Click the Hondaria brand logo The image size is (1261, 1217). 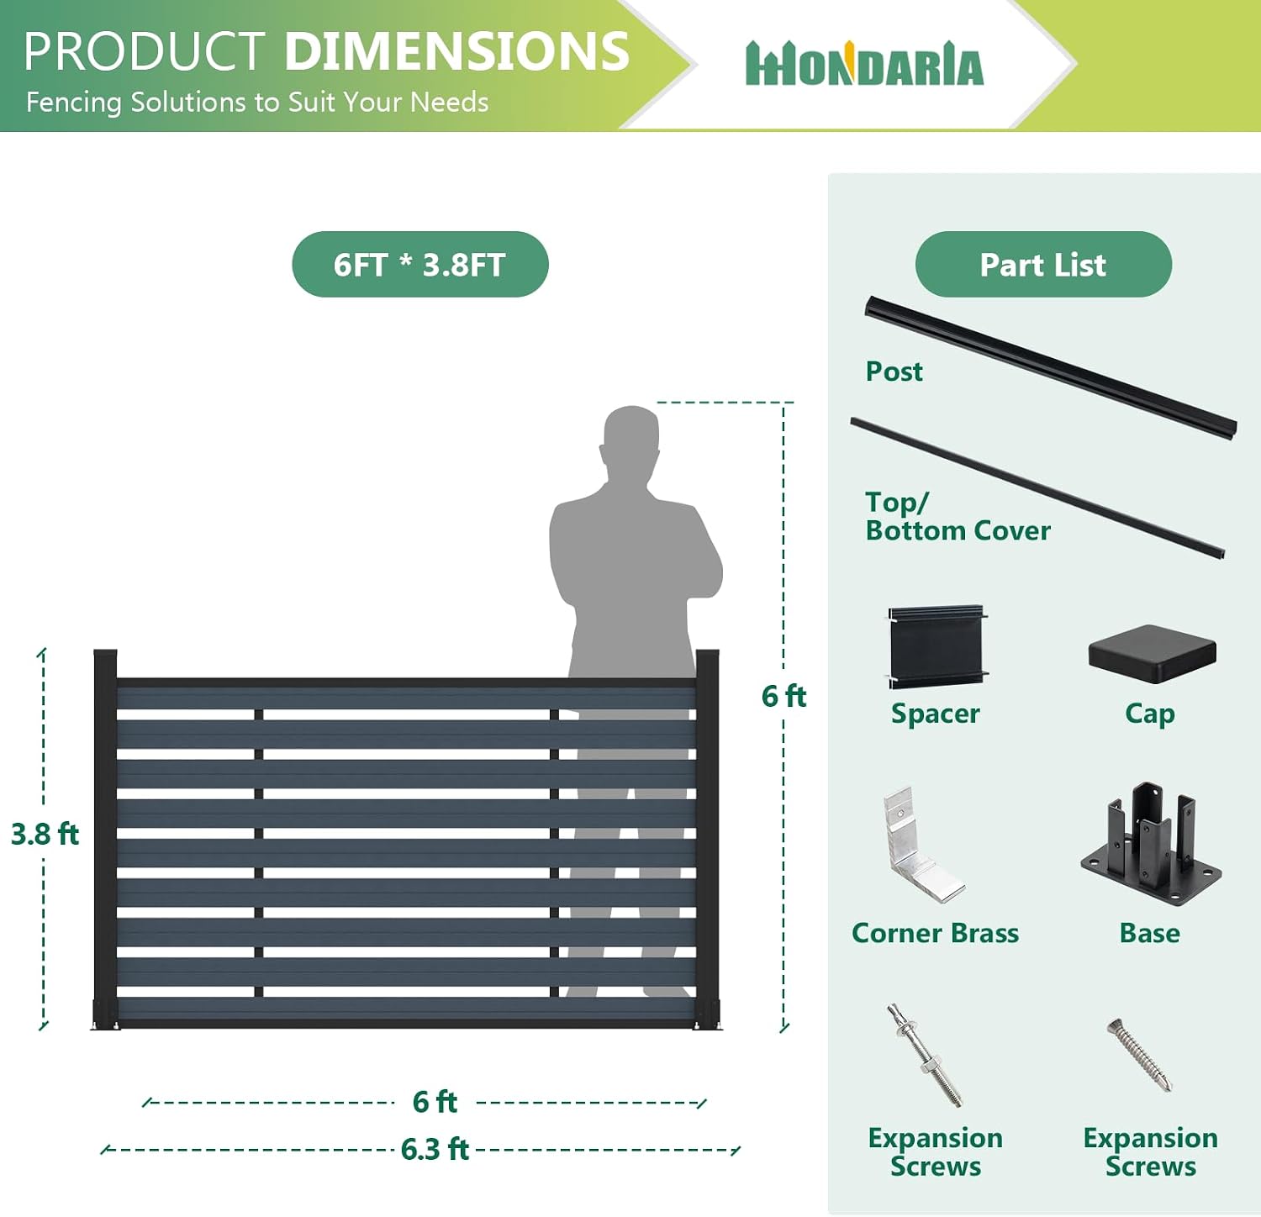tap(864, 64)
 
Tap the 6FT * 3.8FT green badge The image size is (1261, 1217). tap(420, 264)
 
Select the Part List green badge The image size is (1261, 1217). tap(1043, 264)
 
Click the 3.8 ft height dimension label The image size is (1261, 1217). tap(45, 834)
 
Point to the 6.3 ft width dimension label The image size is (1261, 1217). tap(435, 1149)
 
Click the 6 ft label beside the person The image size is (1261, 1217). tap(784, 696)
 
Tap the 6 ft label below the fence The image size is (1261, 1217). tap(435, 1102)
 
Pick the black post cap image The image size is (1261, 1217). tap(1152, 653)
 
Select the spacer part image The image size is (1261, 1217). tap(937, 646)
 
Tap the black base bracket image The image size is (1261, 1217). tap(1151, 844)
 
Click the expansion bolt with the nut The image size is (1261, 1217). tap(924, 1055)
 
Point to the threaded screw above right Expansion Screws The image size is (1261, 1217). tap(1139, 1054)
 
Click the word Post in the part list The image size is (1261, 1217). tap(894, 371)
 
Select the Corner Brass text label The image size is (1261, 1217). tap(935, 933)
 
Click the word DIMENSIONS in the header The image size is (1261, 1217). tap(457, 51)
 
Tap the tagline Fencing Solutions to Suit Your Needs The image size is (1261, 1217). tap(257, 103)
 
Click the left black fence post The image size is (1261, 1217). tap(105, 839)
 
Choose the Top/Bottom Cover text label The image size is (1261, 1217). tap(958, 516)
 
